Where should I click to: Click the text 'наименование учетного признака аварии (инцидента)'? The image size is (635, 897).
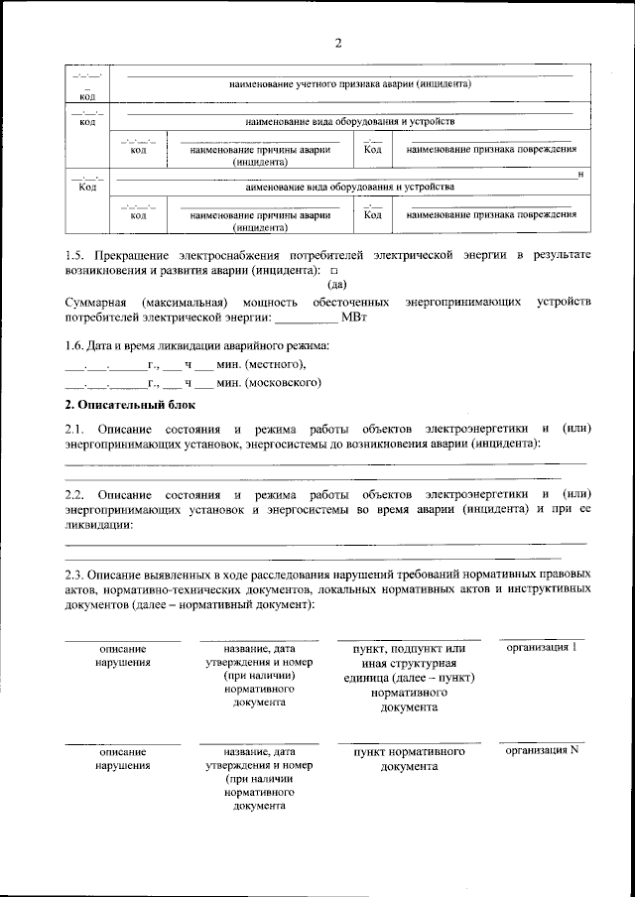pyautogui.click(x=348, y=85)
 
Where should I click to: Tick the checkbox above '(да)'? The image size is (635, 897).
pyautogui.click(x=333, y=270)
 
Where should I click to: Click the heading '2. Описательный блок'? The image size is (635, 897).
pyautogui.click(x=130, y=405)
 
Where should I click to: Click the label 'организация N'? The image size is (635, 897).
pyautogui.click(x=542, y=750)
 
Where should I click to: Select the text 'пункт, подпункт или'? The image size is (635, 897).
pyautogui.click(x=408, y=649)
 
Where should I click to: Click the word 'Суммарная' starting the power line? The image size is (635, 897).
pyautogui.click(x=94, y=300)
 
